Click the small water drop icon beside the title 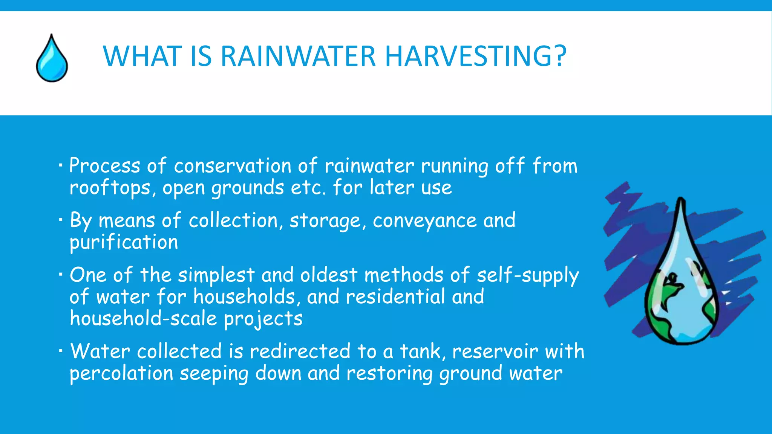click(x=52, y=59)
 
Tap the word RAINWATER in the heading click(x=298, y=57)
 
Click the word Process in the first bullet click(x=105, y=166)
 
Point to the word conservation click(x=233, y=166)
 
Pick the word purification click(x=124, y=242)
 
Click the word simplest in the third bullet click(x=216, y=275)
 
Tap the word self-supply click(x=527, y=275)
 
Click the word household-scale click(x=143, y=319)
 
